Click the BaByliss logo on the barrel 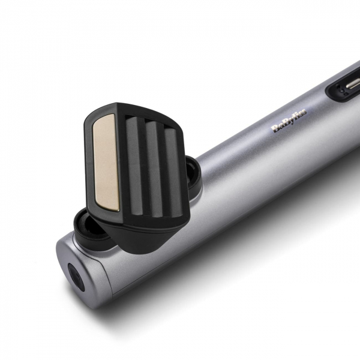click(x=290, y=119)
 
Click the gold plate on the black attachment click(x=106, y=163)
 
